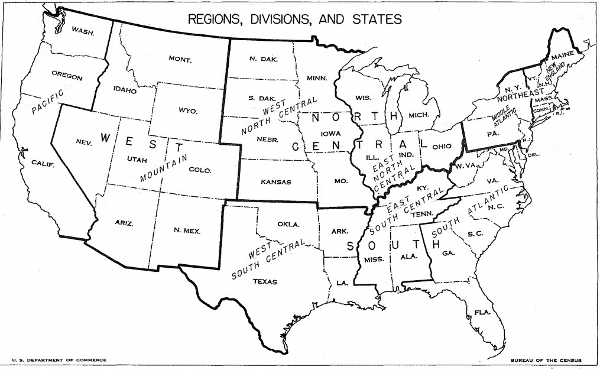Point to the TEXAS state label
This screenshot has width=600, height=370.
[264, 281]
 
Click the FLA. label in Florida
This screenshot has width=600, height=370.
[482, 312]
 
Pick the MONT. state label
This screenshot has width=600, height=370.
[180, 59]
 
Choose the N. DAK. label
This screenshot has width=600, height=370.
[261, 59]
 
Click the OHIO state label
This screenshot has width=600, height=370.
[442, 146]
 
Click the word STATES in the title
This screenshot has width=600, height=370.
[377, 19]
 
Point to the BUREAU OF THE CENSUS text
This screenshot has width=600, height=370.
[546, 359]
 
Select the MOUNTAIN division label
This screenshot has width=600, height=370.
[164, 168]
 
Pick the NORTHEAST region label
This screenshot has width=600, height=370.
[520, 94]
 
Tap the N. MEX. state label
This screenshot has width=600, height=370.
[187, 231]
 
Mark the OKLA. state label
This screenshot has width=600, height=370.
[288, 225]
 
